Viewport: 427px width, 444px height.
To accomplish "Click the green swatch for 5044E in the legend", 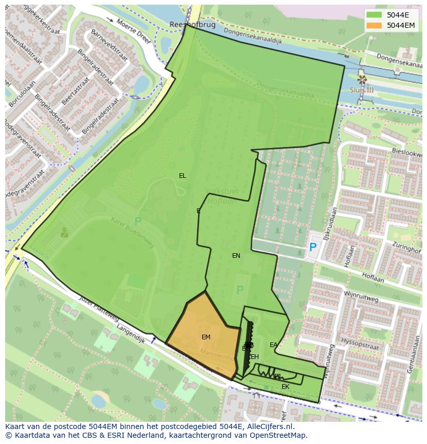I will pyautogui.click(x=374, y=15).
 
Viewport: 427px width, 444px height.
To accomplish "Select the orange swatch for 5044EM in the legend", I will pyautogui.click(x=374, y=25).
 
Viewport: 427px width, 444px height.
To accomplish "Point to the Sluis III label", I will pyautogui.click(x=362, y=90).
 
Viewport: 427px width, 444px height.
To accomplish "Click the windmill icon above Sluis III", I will pyautogui.click(x=362, y=79).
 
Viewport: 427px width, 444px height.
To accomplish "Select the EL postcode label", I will pyautogui.click(x=183, y=176).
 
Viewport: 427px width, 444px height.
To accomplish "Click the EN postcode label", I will pyautogui.click(x=236, y=256).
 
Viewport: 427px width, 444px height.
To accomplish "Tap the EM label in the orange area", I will pyautogui.click(x=206, y=337).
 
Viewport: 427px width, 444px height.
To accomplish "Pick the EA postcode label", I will pyautogui.click(x=273, y=345).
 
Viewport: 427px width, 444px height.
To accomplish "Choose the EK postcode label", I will pyautogui.click(x=285, y=387).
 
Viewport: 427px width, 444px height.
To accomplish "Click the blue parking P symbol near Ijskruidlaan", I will pyautogui.click(x=313, y=248).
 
